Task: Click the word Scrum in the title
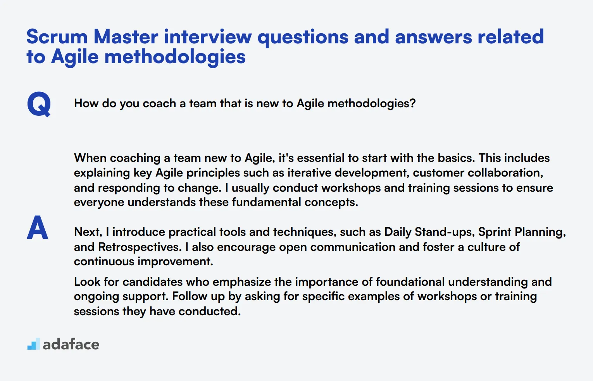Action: (x=57, y=37)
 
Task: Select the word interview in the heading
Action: (x=208, y=37)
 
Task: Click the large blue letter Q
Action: (x=39, y=104)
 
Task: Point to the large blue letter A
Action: (x=38, y=228)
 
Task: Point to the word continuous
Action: (x=104, y=262)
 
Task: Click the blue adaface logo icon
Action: (x=34, y=344)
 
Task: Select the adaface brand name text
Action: (x=71, y=344)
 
